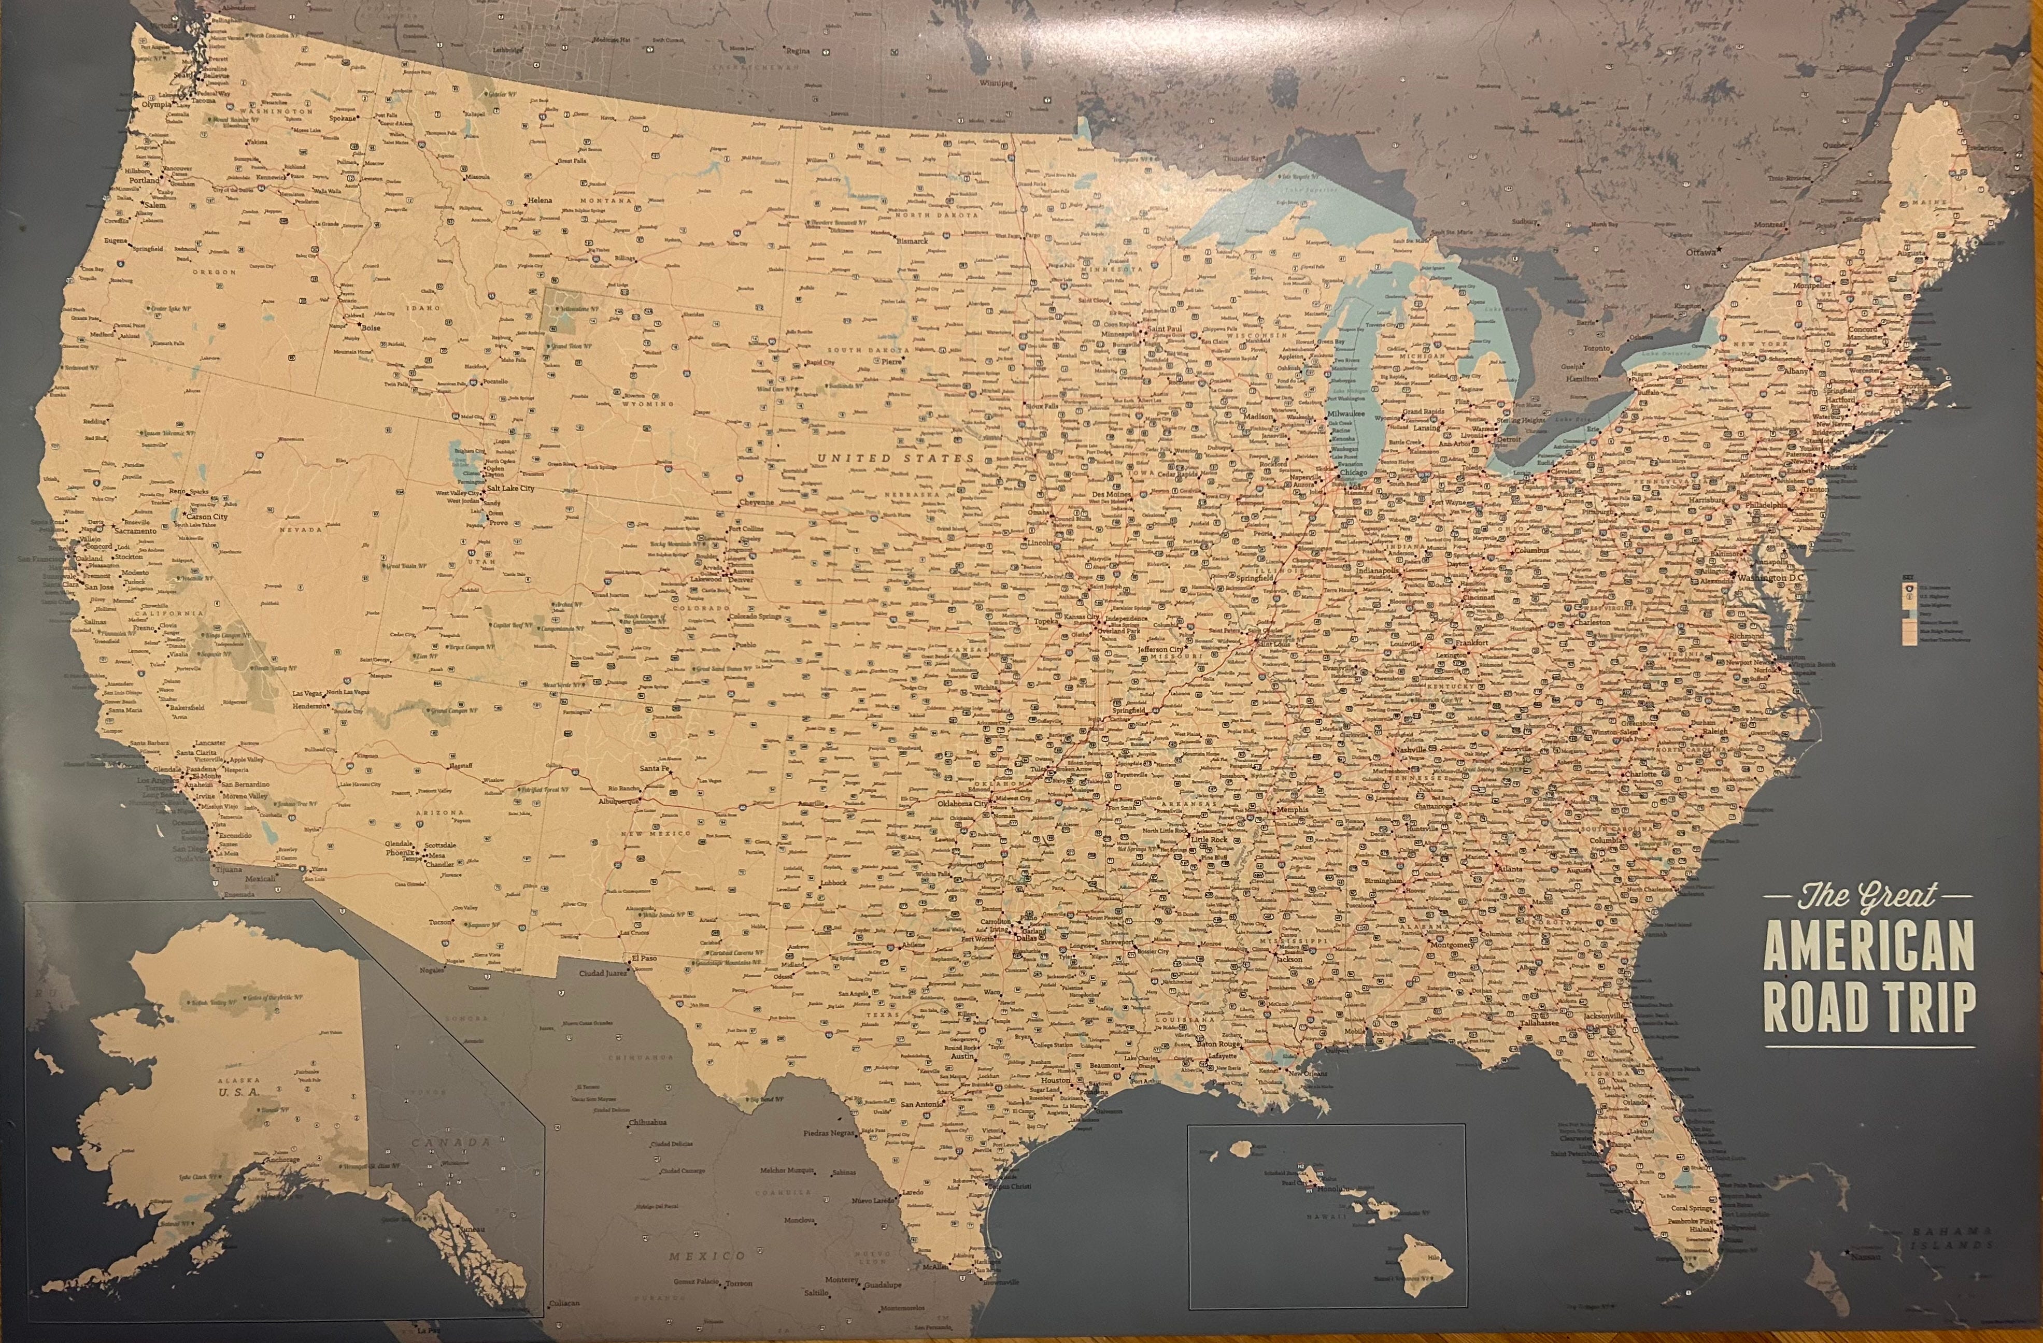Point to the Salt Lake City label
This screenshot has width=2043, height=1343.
coord(511,488)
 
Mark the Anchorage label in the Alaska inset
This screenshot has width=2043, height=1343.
coord(281,1160)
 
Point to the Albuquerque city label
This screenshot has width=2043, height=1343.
coord(620,802)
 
